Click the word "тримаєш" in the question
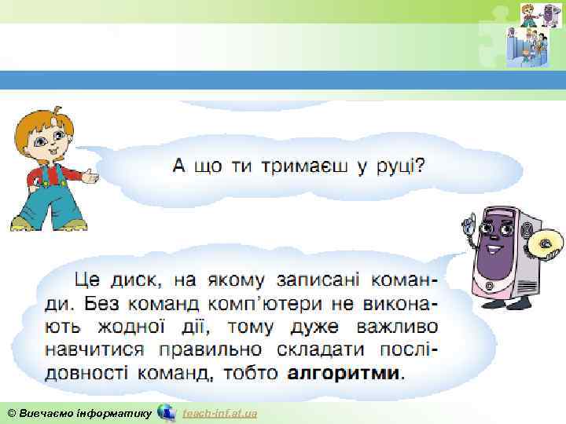(299, 166)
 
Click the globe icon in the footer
(167, 412)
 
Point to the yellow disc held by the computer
(545, 244)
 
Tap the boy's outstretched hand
(91, 177)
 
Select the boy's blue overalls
(47, 196)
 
